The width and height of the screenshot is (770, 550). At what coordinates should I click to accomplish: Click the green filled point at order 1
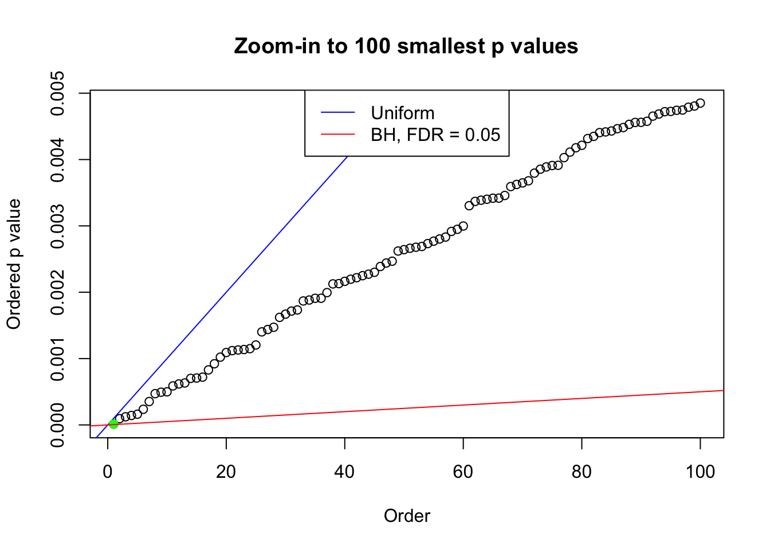click(x=113, y=424)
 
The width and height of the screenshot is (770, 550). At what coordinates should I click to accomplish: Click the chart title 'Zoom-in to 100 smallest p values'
click(x=406, y=46)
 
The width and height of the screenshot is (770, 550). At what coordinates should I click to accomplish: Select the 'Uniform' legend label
click(x=402, y=113)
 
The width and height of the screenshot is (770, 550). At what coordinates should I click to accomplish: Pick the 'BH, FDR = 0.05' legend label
click(x=435, y=135)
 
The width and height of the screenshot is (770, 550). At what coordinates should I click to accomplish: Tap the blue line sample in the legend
click(x=337, y=112)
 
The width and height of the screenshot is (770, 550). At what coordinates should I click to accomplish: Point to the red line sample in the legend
click(x=337, y=134)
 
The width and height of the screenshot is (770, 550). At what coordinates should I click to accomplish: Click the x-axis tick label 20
click(x=226, y=472)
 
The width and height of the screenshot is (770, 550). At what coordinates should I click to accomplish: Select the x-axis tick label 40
click(x=345, y=472)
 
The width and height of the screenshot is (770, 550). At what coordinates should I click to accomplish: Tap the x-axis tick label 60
click(x=463, y=472)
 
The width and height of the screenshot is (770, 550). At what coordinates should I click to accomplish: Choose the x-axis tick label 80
click(x=582, y=472)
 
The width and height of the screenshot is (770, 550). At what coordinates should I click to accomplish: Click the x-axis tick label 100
click(x=700, y=472)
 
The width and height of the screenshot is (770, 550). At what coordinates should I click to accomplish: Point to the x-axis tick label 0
click(x=108, y=472)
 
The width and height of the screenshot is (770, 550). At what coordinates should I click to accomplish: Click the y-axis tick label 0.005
click(x=57, y=93)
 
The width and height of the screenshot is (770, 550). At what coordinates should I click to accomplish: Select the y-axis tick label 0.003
click(x=57, y=226)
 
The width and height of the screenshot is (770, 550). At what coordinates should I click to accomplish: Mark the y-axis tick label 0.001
click(x=57, y=359)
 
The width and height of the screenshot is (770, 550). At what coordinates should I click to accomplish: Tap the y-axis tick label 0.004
click(x=57, y=160)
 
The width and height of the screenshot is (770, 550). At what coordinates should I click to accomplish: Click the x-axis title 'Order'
click(x=407, y=516)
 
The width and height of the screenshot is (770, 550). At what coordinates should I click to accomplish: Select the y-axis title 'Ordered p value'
click(x=14, y=264)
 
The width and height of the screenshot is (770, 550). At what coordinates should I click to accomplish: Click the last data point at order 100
click(x=700, y=103)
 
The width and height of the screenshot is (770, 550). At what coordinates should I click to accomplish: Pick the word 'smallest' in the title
click(x=441, y=46)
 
